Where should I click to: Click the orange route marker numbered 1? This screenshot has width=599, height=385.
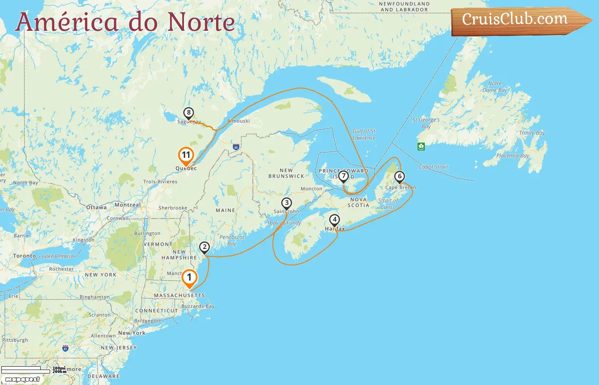(x=189, y=278)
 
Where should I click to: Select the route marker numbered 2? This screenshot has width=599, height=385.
(x=205, y=247)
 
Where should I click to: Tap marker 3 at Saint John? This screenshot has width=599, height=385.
(x=286, y=203)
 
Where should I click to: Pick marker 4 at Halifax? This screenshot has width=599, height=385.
(x=334, y=220)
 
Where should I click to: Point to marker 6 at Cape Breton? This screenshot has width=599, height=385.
(x=399, y=176)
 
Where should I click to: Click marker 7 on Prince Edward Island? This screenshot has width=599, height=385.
(x=343, y=176)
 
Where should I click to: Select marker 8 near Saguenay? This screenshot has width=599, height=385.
(x=188, y=113)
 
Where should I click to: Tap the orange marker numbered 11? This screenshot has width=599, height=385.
(x=186, y=155)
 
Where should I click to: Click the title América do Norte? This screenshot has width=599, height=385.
(x=125, y=22)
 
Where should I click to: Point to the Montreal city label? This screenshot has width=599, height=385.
(x=128, y=205)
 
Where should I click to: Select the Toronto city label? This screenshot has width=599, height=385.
(x=24, y=256)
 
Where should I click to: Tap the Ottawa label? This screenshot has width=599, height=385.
(x=97, y=207)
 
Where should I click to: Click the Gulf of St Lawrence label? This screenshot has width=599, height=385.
(x=364, y=134)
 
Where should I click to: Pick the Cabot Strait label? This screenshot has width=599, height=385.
(x=433, y=167)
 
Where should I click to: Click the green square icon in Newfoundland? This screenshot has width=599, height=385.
(x=421, y=146)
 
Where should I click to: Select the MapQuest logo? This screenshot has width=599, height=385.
(x=23, y=379)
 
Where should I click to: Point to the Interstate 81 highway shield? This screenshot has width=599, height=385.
(x=65, y=348)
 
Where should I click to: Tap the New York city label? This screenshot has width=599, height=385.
(x=132, y=333)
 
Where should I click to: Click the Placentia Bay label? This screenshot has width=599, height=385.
(x=513, y=156)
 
